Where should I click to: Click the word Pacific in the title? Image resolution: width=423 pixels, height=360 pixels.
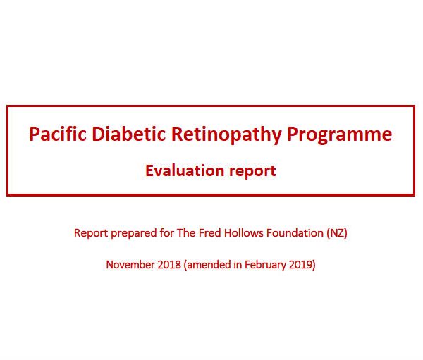58,134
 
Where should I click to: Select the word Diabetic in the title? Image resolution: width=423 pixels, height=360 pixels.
129,134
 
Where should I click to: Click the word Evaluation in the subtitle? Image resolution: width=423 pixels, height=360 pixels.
185,170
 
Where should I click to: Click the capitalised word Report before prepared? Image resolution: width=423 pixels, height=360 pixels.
91,233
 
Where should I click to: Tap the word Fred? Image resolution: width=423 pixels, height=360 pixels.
210,233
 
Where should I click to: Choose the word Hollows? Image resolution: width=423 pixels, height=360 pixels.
244,233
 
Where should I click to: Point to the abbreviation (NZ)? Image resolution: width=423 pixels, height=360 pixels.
337,233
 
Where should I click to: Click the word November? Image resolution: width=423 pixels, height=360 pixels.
130,265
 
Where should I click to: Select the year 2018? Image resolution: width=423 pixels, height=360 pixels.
169,265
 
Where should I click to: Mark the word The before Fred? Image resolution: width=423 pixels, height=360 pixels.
186,233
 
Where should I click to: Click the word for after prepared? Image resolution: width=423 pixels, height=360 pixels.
166,233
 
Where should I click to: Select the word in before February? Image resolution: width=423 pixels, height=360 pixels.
238,265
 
